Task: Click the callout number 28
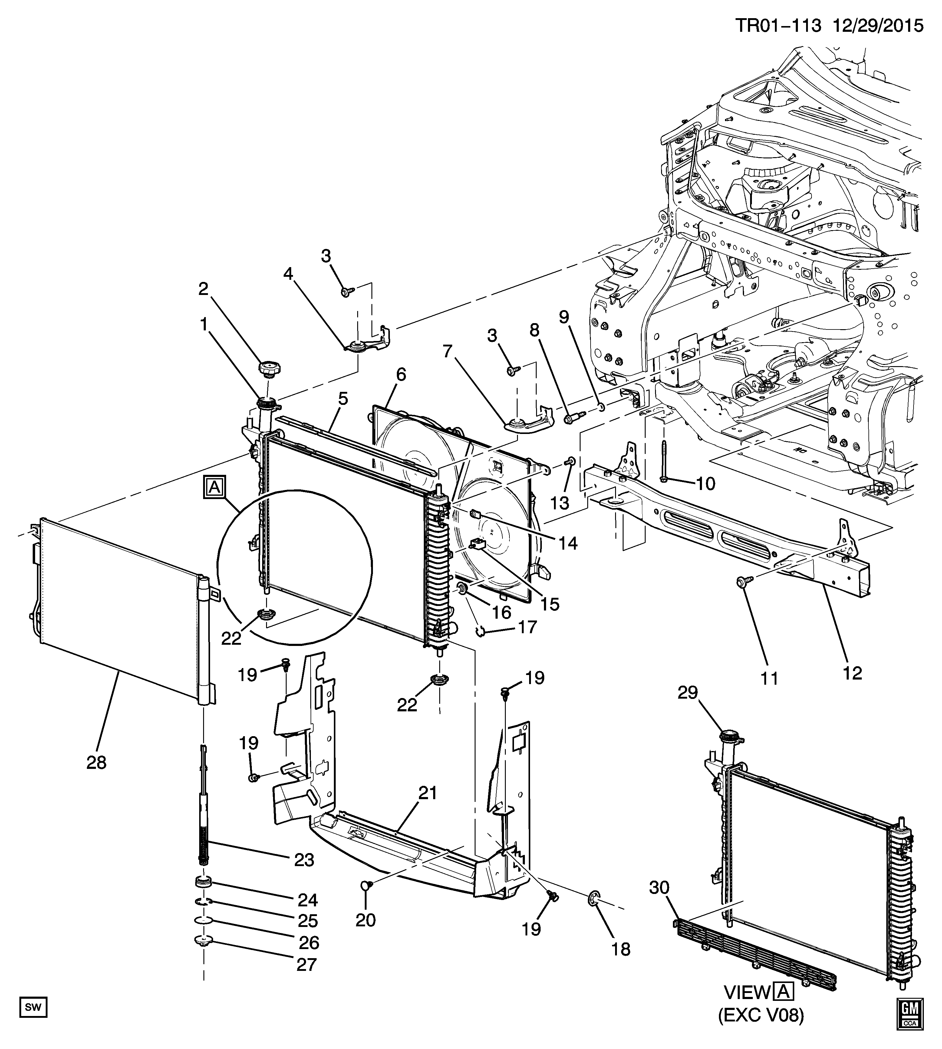coord(97,762)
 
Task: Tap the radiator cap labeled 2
coord(270,370)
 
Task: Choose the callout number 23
coord(304,860)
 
